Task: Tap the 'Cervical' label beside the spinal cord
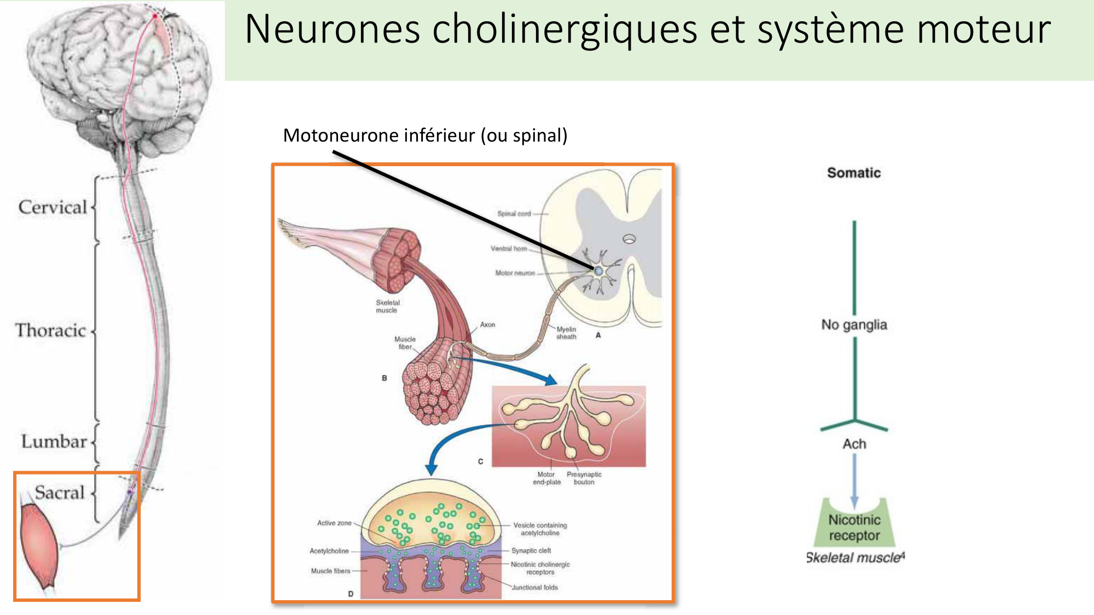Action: click(53, 207)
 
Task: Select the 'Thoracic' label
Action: click(50, 330)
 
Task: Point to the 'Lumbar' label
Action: click(54, 441)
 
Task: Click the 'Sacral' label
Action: click(60, 492)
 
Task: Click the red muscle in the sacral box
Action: click(38, 547)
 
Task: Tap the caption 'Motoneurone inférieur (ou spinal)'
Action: click(425, 135)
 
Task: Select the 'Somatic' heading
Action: click(854, 173)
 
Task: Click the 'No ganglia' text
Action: click(854, 325)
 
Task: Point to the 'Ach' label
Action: click(854, 443)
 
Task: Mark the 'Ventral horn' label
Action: click(509, 249)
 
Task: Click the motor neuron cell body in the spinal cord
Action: click(599, 271)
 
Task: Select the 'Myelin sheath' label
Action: click(566, 333)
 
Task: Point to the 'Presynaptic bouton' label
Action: click(584, 478)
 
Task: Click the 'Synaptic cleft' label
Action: click(531, 550)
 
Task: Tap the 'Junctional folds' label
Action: click(534, 588)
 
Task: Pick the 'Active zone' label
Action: click(334, 523)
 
